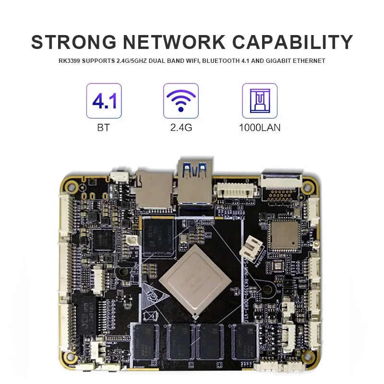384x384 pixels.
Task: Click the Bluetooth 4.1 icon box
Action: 104,101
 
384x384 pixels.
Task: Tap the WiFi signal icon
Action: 181,101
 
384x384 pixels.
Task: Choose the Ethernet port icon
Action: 260,101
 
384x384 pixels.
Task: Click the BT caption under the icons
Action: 104,128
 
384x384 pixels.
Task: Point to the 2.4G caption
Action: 181,128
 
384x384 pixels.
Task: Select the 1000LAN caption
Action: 260,128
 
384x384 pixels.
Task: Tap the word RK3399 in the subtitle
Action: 71,61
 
